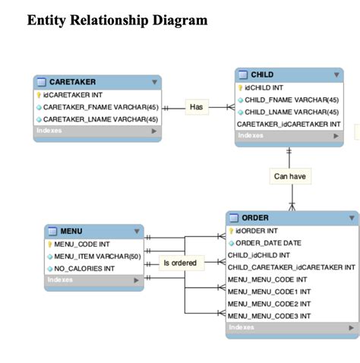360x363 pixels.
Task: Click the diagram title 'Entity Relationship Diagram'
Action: point(117,21)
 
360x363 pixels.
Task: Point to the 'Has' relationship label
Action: point(197,108)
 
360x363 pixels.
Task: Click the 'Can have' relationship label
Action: point(289,176)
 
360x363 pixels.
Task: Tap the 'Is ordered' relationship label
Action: point(180,263)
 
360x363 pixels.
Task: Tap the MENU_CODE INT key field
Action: point(82,245)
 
